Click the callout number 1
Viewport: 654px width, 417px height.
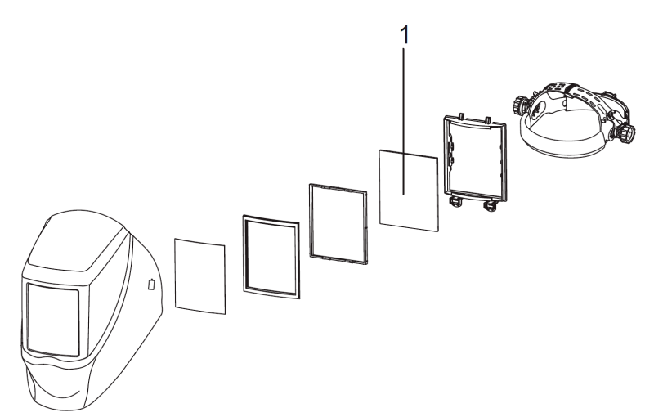tap(404, 34)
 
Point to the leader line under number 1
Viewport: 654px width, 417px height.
tap(403, 121)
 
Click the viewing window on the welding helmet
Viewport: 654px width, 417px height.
tap(53, 319)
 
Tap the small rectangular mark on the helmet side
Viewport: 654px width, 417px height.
tap(152, 284)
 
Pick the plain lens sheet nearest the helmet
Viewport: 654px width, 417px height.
tap(200, 276)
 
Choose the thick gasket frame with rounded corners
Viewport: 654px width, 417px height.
tap(271, 258)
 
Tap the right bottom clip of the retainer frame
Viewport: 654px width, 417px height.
tap(490, 205)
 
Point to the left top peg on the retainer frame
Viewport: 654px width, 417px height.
tap(460, 115)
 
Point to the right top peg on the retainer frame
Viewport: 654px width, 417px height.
tap(487, 120)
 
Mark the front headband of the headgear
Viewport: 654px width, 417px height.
tap(561, 148)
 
